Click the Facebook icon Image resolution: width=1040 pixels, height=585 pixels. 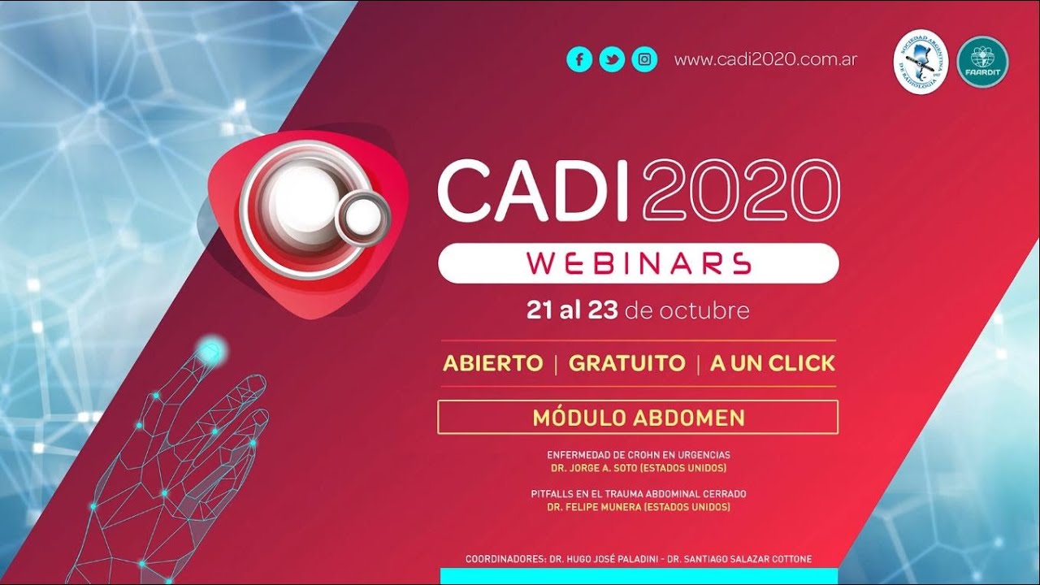pyautogui.click(x=579, y=59)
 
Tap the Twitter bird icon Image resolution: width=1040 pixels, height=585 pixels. pyautogui.click(x=612, y=59)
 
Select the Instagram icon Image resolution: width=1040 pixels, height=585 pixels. pyautogui.click(x=644, y=59)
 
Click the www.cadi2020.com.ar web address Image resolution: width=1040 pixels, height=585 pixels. pyautogui.click(x=765, y=59)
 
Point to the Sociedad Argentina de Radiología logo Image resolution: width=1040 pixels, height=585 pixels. pyautogui.click(x=921, y=62)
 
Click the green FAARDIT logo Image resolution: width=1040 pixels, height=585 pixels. pyautogui.click(x=982, y=62)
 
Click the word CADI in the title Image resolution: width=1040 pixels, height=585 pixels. pyautogui.click(x=533, y=190)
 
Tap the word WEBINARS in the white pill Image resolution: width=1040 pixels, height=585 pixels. pyautogui.click(x=638, y=262)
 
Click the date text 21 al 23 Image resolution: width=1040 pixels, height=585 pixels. pyautogui.click(x=572, y=311)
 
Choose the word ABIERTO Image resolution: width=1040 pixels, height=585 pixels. pyautogui.click(x=492, y=363)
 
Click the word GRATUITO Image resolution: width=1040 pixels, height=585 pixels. pyautogui.click(x=626, y=363)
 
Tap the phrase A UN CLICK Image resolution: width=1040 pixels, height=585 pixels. pyautogui.click(x=772, y=363)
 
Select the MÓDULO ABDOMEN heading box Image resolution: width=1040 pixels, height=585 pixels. pyautogui.click(x=638, y=418)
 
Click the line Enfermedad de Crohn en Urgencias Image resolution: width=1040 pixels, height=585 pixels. pyautogui.click(x=638, y=455)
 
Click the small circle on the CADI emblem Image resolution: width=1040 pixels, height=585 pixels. pyautogui.click(x=362, y=214)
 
